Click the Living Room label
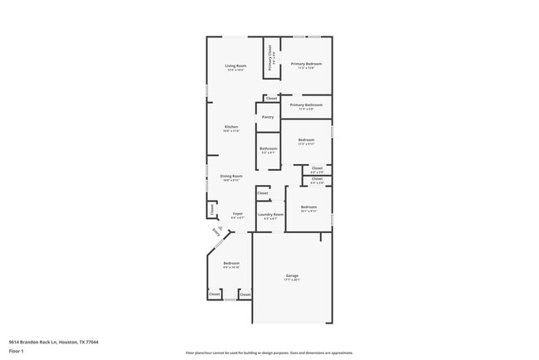click(x=236, y=66)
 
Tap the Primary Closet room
click(x=270, y=60)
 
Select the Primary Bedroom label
click(x=306, y=64)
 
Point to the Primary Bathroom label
click(x=306, y=105)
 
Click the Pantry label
click(x=268, y=117)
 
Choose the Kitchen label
click(x=231, y=127)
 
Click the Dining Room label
click(x=231, y=176)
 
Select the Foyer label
click(x=237, y=214)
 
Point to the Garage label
click(x=292, y=275)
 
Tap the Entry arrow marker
click(x=217, y=233)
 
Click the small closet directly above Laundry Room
click(x=262, y=193)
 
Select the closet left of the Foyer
click(x=211, y=210)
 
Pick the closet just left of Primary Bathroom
click(x=271, y=98)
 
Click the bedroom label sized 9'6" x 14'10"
click(x=231, y=264)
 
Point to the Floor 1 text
click(x=16, y=351)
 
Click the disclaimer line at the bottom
click(x=269, y=353)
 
